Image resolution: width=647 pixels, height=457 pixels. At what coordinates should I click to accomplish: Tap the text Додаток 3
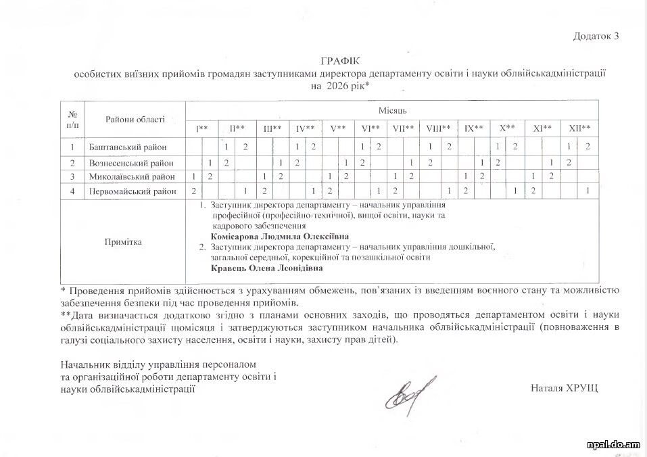click(x=596, y=36)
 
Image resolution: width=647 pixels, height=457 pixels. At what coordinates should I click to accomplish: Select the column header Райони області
click(x=135, y=120)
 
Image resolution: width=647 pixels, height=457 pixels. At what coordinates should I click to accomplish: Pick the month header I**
click(x=201, y=128)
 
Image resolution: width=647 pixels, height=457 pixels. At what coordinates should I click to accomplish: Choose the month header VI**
click(x=370, y=128)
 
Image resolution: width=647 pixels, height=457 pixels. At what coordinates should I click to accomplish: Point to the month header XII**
click(x=579, y=128)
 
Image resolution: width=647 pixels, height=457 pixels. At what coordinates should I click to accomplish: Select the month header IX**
click(x=473, y=128)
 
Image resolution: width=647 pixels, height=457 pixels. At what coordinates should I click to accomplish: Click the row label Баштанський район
click(x=127, y=147)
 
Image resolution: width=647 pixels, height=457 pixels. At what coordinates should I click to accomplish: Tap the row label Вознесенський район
click(x=130, y=163)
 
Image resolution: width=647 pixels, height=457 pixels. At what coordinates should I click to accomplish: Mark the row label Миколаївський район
click(x=130, y=176)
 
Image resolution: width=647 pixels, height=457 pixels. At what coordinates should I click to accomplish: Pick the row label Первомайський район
click(x=132, y=191)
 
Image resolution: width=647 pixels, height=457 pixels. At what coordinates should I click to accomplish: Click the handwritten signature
click(x=410, y=391)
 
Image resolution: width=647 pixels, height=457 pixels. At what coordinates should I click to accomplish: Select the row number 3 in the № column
click(x=72, y=176)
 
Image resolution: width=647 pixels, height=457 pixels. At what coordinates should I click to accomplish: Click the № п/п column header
click(x=72, y=120)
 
